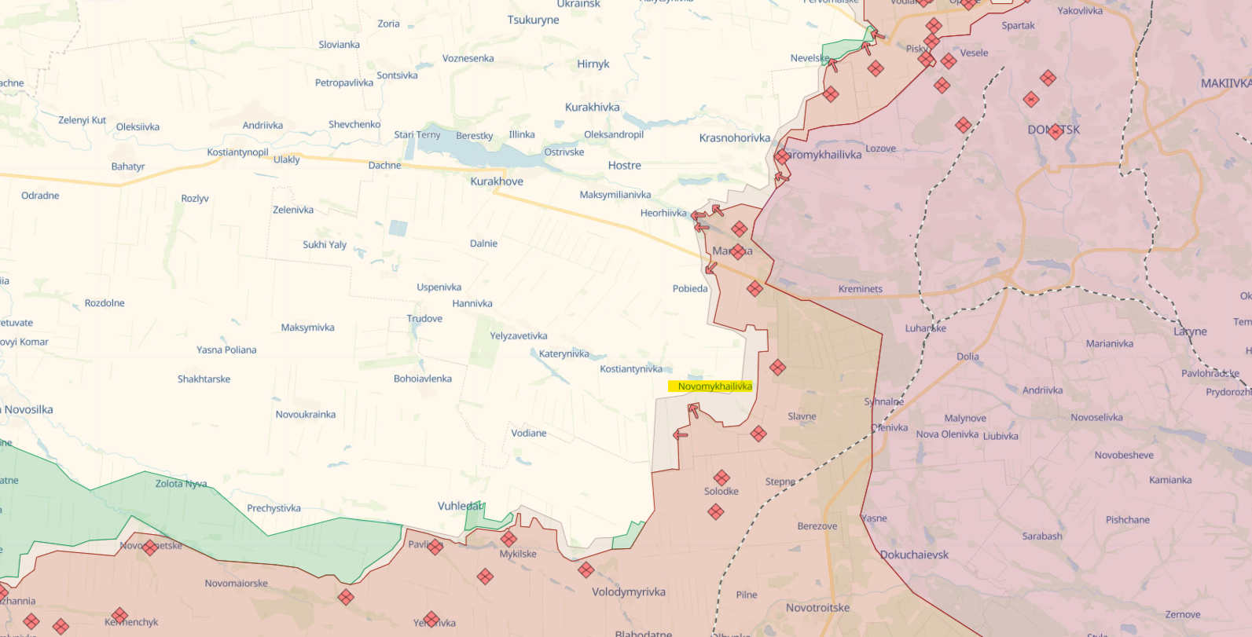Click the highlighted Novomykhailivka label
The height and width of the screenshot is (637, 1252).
[x=714, y=386]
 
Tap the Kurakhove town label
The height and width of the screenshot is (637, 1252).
[x=497, y=181]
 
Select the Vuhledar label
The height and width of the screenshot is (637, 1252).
[x=461, y=506]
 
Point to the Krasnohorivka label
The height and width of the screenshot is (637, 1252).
[x=735, y=138]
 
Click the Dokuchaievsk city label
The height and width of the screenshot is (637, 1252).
[x=914, y=555]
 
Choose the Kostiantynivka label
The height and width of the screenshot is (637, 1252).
[x=631, y=369]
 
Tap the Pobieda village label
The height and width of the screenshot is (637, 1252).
[x=690, y=288]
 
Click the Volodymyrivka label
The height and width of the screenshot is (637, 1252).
[x=629, y=592]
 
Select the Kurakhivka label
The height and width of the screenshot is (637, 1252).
[x=593, y=108]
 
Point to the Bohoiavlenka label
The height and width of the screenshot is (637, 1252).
[x=423, y=379]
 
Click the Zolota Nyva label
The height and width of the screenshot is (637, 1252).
[x=182, y=484]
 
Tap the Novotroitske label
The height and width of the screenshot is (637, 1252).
[x=817, y=607]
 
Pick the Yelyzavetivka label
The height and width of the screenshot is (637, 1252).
[x=519, y=336]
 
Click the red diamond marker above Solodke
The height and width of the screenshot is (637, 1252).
[x=721, y=478]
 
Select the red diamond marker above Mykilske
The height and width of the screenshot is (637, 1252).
[x=509, y=539]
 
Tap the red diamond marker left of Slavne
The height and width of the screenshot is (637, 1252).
[x=758, y=434]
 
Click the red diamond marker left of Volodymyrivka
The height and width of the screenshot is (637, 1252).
[x=586, y=569]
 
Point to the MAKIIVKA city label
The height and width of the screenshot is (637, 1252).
[x=1226, y=83]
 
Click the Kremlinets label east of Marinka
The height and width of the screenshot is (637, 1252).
[x=861, y=289]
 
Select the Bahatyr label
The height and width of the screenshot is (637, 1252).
[x=128, y=167]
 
